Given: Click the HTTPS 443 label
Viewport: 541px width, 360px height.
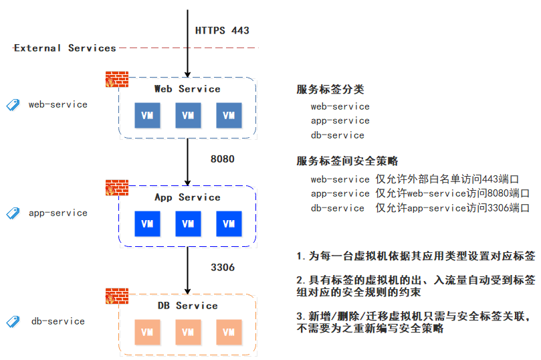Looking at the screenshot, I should tap(222, 31).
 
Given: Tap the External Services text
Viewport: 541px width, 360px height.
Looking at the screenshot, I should tap(65, 48).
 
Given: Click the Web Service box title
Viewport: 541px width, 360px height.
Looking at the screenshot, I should tap(187, 89).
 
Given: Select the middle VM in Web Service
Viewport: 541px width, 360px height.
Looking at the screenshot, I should tap(188, 115).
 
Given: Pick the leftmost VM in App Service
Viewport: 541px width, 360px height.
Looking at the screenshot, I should tap(147, 223).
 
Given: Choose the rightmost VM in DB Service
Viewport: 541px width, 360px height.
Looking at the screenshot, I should tap(229, 332).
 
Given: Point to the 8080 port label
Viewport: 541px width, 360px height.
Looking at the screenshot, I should tap(223, 159).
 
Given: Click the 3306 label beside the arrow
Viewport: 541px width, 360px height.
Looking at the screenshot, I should tap(223, 268).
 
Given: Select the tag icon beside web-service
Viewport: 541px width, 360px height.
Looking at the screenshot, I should tap(13, 105).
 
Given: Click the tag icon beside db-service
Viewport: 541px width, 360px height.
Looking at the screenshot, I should tap(13, 322).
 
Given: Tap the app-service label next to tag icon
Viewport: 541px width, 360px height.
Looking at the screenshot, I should tap(58, 213).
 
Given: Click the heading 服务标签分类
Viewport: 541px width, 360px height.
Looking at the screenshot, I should tap(330, 90).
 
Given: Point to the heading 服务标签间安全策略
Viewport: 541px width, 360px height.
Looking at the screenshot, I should tap(347, 161).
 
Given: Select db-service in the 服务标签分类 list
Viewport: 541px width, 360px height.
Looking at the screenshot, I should tap(337, 135).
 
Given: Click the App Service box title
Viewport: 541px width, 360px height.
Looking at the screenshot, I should tap(187, 197).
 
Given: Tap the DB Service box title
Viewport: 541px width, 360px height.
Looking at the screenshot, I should tap(187, 306).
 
